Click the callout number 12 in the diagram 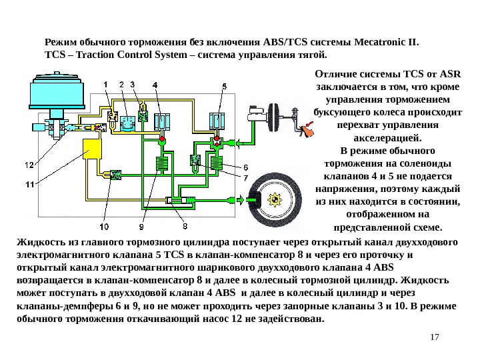29,165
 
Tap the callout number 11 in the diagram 29,184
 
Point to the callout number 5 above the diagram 224,86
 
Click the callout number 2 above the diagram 121,85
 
